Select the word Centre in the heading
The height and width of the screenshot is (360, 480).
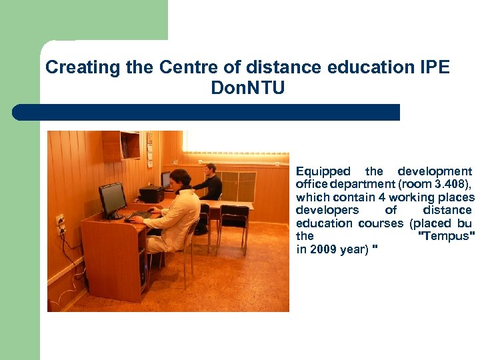(182, 67)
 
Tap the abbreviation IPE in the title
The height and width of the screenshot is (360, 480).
(435, 67)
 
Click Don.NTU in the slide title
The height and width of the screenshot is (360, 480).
(247, 88)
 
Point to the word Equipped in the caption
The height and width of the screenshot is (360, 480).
(323, 171)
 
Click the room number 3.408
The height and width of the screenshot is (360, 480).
(447, 185)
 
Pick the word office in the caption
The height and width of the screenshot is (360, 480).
(311, 185)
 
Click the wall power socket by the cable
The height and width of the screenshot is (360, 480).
(60, 223)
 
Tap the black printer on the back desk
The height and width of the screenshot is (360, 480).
(151, 194)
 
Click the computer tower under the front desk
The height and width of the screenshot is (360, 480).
(143, 267)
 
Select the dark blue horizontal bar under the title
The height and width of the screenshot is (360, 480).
(206, 112)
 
